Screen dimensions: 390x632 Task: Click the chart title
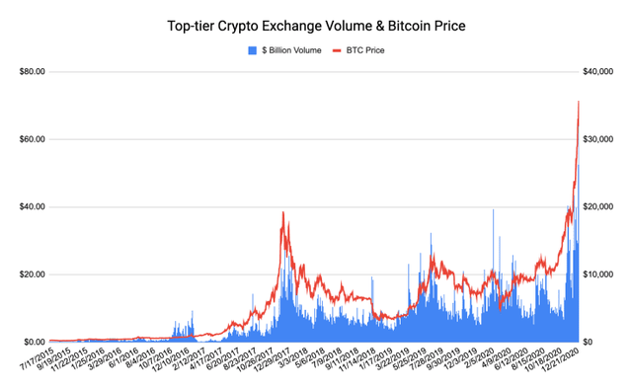(x=316, y=25)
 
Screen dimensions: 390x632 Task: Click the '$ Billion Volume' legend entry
(x=286, y=48)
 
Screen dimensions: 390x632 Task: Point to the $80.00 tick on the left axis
(x=35, y=71)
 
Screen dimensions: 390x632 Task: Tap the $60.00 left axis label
(x=35, y=138)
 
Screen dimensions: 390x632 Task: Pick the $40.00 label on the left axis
(x=35, y=206)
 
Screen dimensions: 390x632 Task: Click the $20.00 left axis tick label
(x=35, y=273)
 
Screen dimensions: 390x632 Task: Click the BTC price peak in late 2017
(x=283, y=212)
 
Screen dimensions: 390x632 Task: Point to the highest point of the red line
(x=578, y=102)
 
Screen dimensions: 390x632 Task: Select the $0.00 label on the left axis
(x=37, y=341)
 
